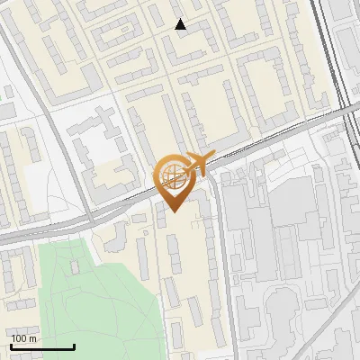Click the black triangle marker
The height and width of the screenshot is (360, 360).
pyautogui.click(x=181, y=24)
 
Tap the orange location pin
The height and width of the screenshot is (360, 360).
pyautogui.click(x=174, y=181)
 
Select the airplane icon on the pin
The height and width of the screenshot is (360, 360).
pyautogui.click(x=198, y=164)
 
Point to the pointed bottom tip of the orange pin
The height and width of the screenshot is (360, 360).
pyautogui.click(x=174, y=211)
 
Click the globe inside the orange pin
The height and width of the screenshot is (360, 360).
pyautogui.click(x=172, y=176)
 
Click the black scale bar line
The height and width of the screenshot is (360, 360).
pyautogui.click(x=42, y=346)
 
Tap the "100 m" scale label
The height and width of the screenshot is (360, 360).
pyautogui.click(x=24, y=338)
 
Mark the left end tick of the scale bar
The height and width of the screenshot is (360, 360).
pyautogui.click(x=11, y=346)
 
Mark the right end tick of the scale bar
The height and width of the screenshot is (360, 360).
pyautogui.click(x=74, y=346)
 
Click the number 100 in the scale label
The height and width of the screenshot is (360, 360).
pyautogui.click(x=20, y=338)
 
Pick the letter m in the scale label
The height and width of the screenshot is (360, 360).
pyautogui.click(x=32, y=338)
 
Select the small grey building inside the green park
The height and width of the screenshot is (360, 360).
pyautogui.click(x=75, y=268)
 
